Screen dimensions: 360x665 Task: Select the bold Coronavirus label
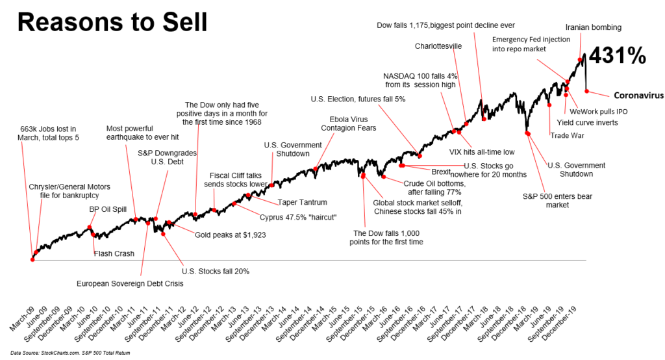pyautogui.click(x=638, y=95)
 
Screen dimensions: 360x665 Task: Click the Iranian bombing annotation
pyautogui.click(x=593, y=28)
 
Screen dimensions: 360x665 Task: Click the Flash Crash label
pyautogui.click(x=114, y=253)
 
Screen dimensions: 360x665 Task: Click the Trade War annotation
pyautogui.click(x=567, y=135)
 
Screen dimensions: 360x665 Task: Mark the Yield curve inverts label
pyautogui.click(x=587, y=122)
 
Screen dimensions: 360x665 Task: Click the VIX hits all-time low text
pyautogui.click(x=482, y=152)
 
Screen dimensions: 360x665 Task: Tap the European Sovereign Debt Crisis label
pyautogui.click(x=130, y=284)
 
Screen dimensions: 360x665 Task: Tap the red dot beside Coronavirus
pyautogui.click(x=586, y=91)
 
